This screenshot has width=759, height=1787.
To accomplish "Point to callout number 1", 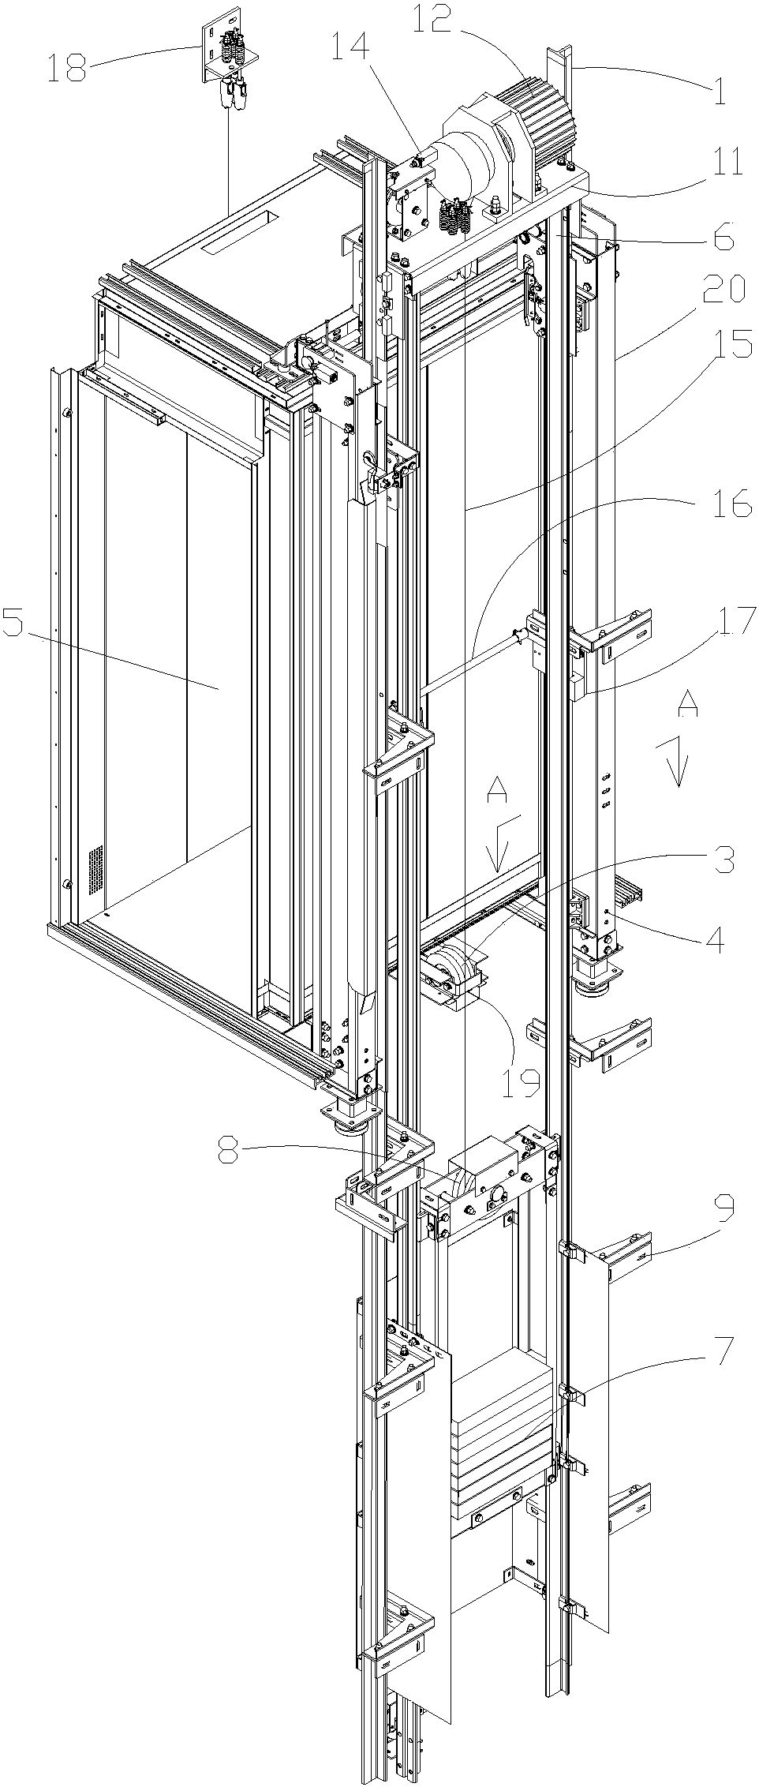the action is coord(719,92).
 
